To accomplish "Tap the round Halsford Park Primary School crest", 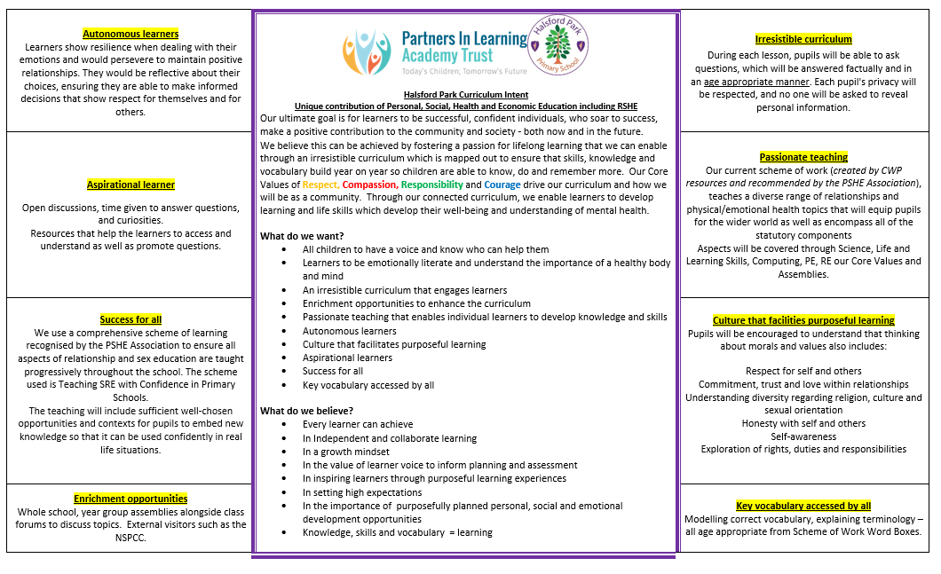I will [x=557, y=45].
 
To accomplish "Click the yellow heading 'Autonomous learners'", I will [x=130, y=35].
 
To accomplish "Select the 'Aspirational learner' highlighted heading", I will [x=130, y=185].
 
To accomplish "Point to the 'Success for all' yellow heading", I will [x=130, y=319].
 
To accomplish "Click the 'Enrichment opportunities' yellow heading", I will [x=130, y=499].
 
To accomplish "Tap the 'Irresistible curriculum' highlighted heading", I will [x=803, y=39].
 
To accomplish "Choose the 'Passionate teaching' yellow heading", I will [x=803, y=157].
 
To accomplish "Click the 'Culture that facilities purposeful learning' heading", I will [x=803, y=320].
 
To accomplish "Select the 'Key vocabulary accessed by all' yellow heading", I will [x=803, y=506].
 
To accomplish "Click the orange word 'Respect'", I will [x=320, y=185].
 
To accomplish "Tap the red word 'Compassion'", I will [x=369, y=185].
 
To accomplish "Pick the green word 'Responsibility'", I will [x=432, y=185].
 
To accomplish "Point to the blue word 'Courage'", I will [x=502, y=185].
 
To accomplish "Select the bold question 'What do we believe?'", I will [x=306, y=411].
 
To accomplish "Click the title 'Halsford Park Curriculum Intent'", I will [x=465, y=95].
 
